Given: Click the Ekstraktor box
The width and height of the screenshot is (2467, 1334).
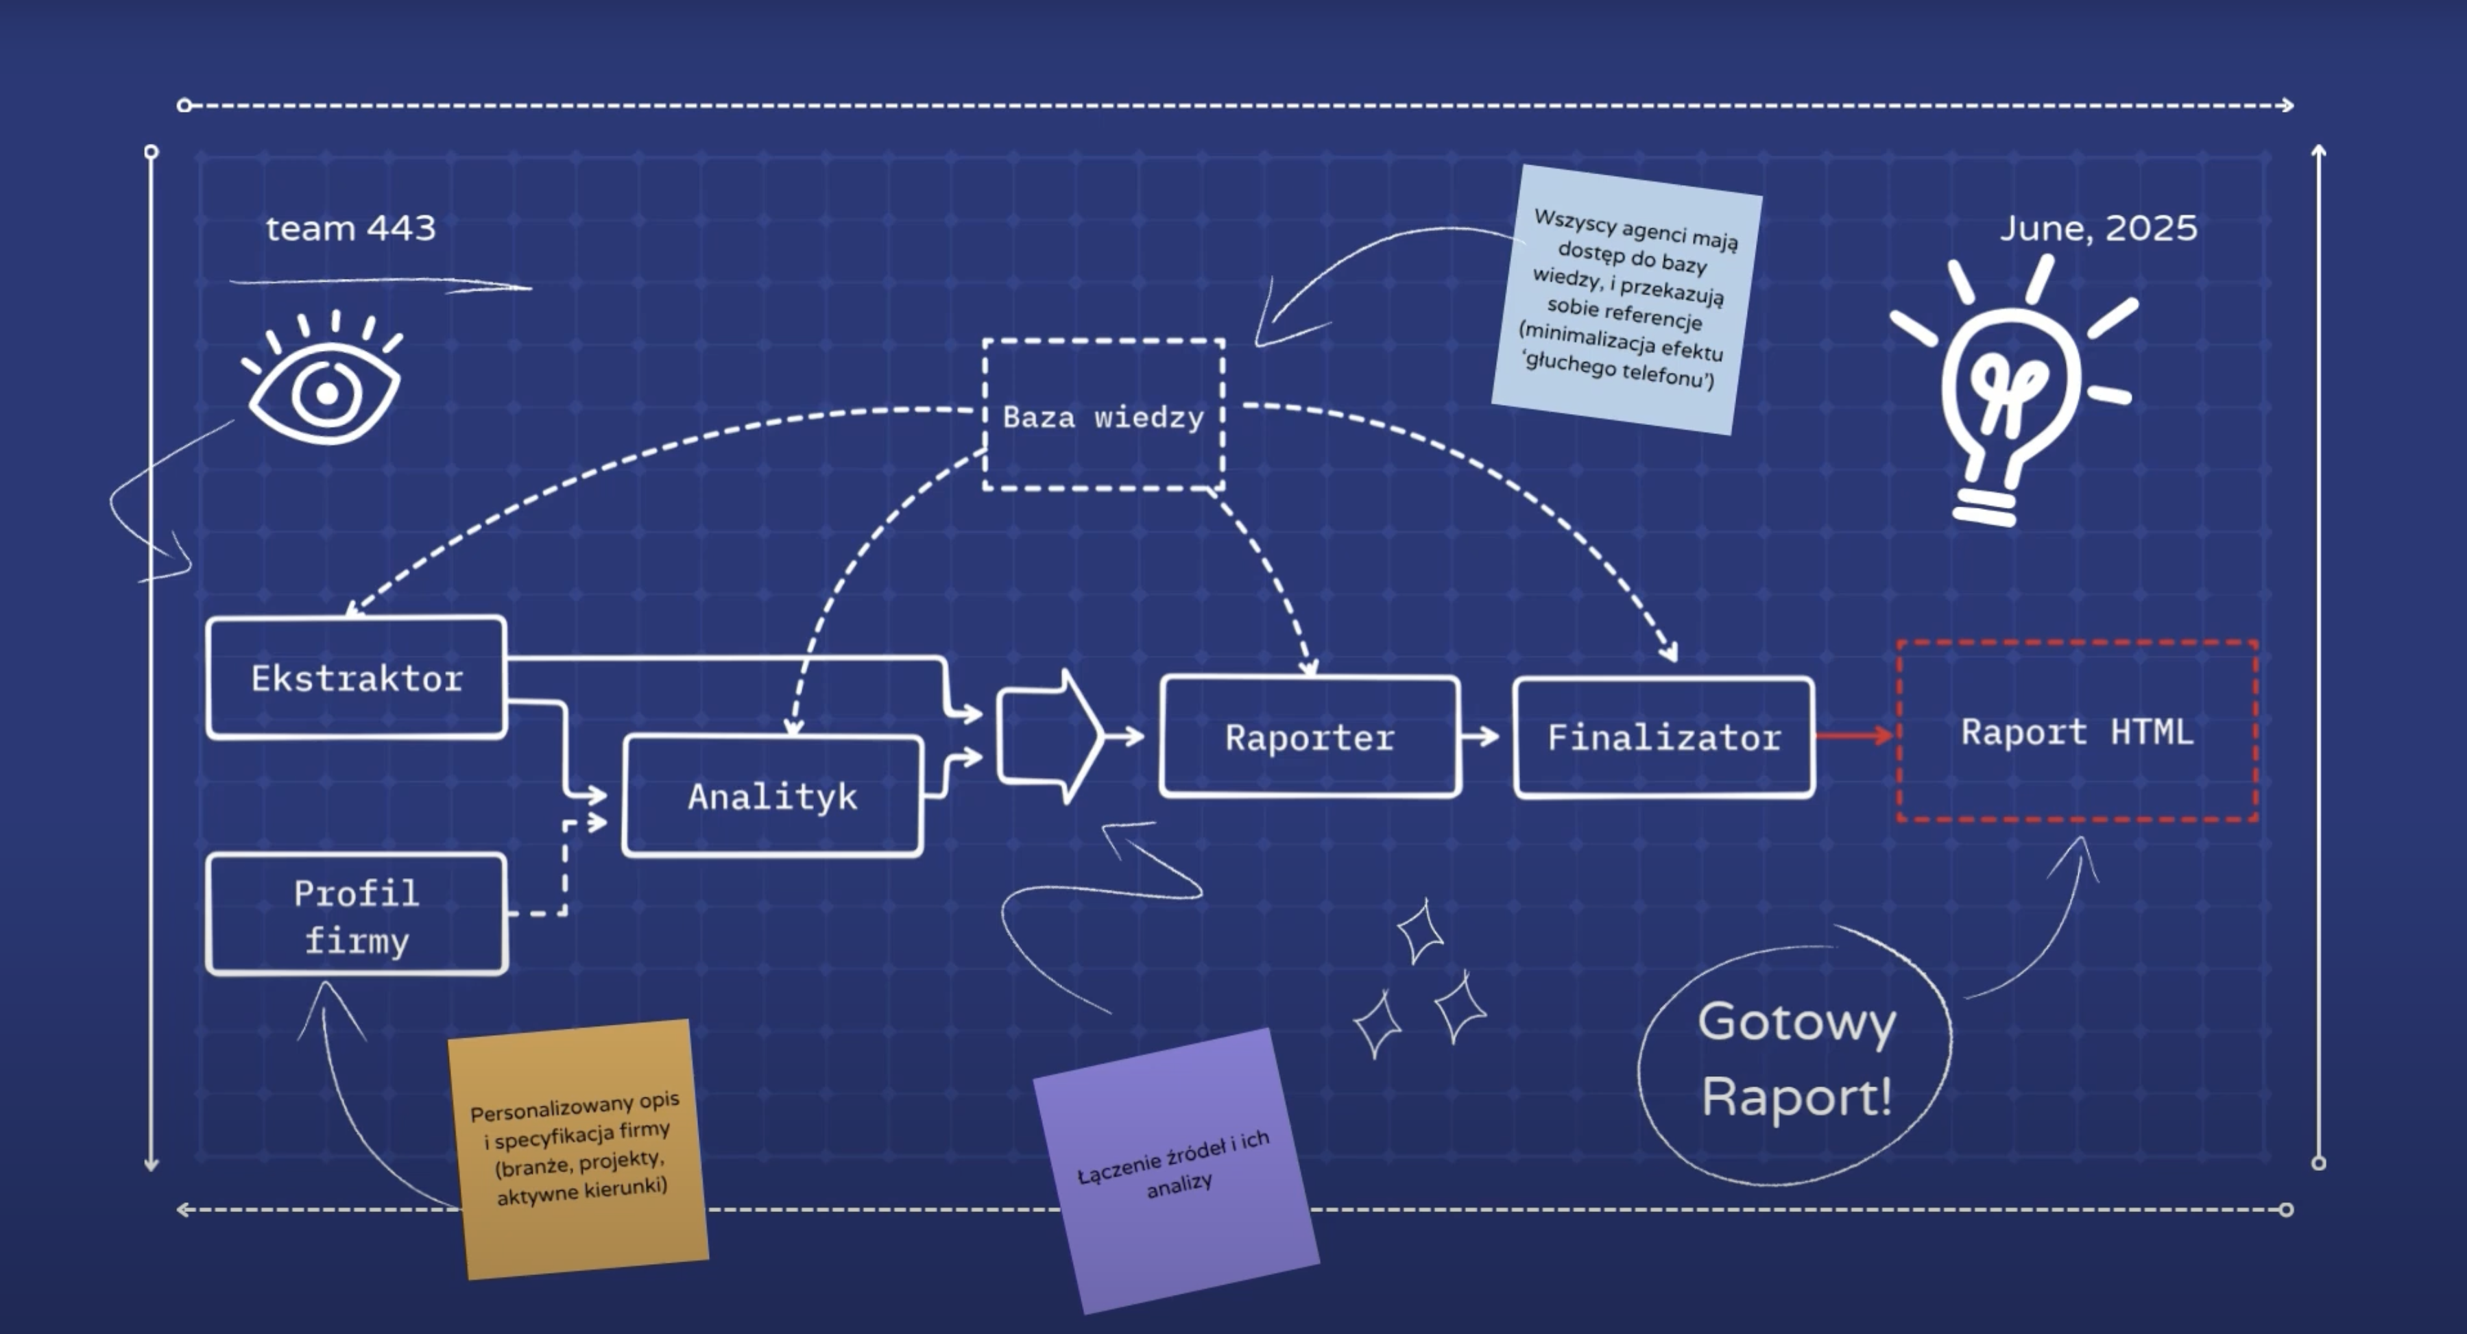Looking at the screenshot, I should coord(357,678).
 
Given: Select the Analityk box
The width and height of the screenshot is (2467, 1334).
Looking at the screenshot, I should coord(773,796).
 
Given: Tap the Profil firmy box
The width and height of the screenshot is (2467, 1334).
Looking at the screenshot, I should coord(357,916).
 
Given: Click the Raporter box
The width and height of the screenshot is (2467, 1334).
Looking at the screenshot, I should coord(1309,736).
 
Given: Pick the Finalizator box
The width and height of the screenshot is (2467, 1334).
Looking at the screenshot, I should coord(1663,736).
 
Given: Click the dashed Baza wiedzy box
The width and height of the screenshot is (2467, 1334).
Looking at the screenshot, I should coord(1103,415).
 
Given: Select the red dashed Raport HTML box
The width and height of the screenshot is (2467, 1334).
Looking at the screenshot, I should coord(2076,731).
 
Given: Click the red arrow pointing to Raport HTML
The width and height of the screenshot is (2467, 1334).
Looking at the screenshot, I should coord(1854,736).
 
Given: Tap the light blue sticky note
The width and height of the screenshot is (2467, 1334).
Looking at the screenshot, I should coord(1626,299).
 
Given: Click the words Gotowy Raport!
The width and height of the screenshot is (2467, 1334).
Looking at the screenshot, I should coord(1796,1059).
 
